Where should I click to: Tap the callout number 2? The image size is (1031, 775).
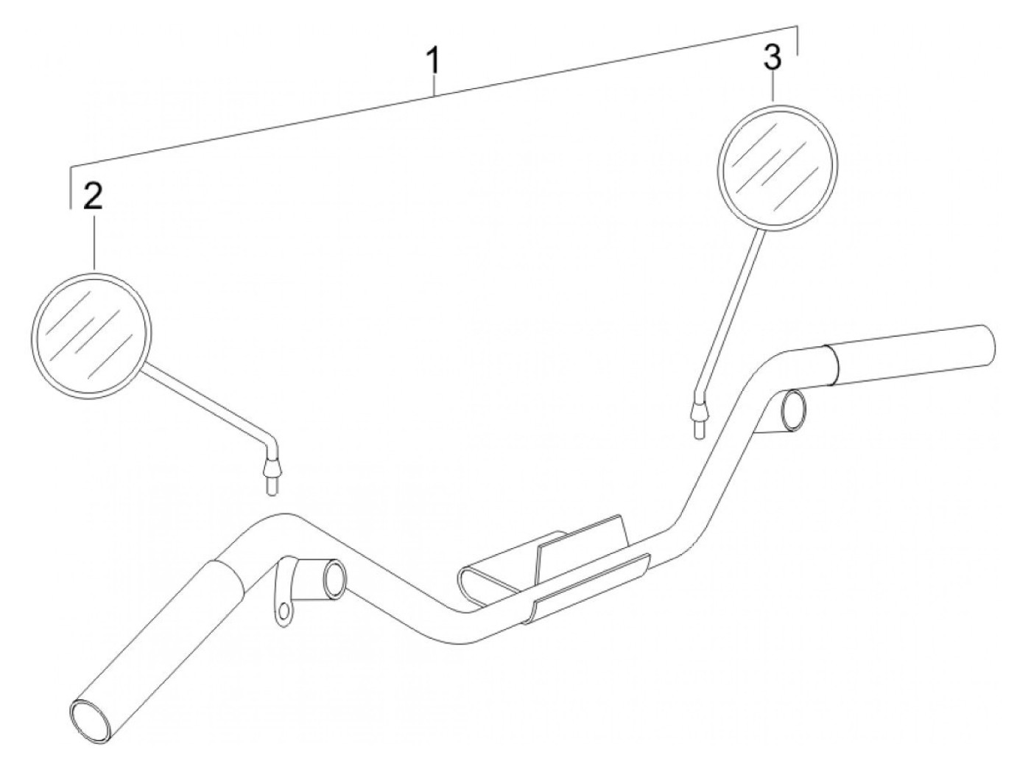pos(93,197)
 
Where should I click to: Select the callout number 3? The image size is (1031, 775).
pos(772,59)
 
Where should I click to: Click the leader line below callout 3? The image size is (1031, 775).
pos(772,88)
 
